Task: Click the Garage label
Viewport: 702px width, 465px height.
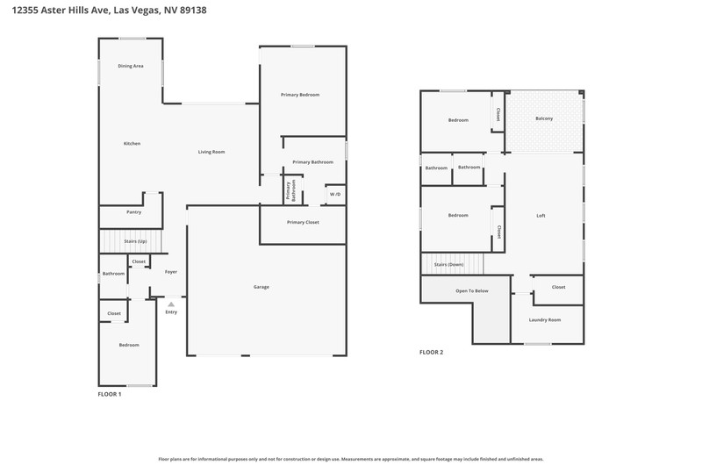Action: pyautogui.click(x=261, y=287)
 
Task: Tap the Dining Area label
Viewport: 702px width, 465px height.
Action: pyautogui.click(x=131, y=66)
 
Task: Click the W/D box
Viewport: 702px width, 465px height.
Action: pyautogui.click(x=335, y=194)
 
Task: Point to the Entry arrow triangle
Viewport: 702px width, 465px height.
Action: pyautogui.click(x=171, y=304)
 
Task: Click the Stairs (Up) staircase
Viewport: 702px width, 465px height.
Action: pyautogui.click(x=130, y=241)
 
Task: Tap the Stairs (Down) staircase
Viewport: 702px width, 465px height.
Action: pyautogui.click(x=453, y=264)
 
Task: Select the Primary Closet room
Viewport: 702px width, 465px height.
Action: pyautogui.click(x=303, y=225)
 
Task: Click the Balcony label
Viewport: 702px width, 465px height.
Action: pyautogui.click(x=544, y=118)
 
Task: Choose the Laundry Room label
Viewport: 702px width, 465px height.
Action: pyautogui.click(x=545, y=320)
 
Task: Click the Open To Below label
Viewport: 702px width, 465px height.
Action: pyautogui.click(x=472, y=291)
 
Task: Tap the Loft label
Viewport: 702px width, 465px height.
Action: pyautogui.click(x=541, y=216)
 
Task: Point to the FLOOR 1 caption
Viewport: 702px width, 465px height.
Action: pyautogui.click(x=110, y=394)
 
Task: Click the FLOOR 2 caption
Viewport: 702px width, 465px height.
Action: pyautogui.click(x=431, y=352)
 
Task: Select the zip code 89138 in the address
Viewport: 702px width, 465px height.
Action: pyautogui.click(x=193, y=10)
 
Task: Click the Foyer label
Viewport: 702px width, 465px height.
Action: pyautogui.click(x=171, y=272)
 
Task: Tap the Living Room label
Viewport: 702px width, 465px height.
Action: pyautogui.click(x=211, y=152)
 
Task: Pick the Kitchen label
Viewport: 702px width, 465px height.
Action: pyautogui.click(x=133, y=144)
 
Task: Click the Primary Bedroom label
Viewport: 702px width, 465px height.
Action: pyautogui.click(x=300, y=95)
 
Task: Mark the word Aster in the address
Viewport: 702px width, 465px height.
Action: pyautogui.click(x=54, y=10)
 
